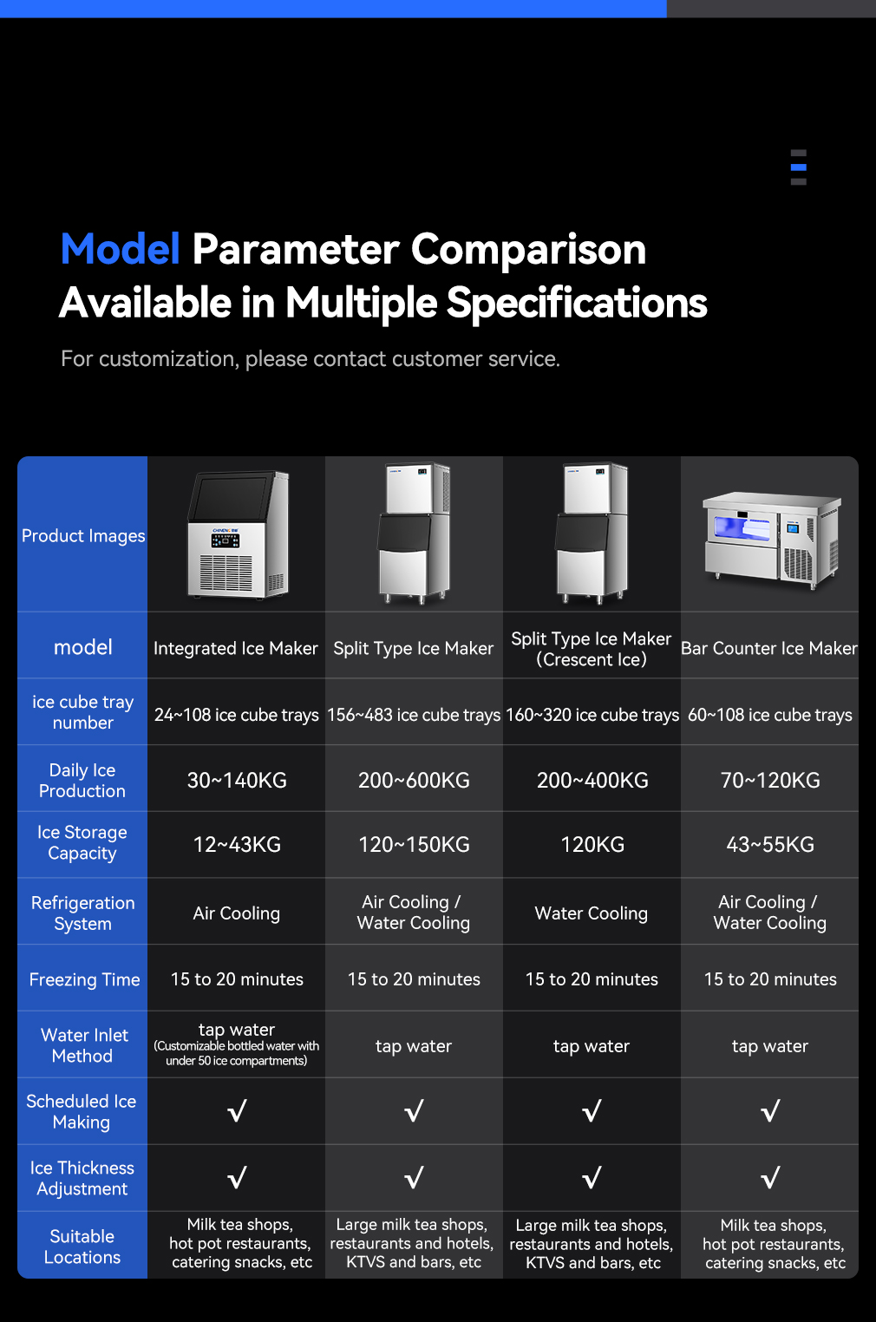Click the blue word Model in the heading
pyautogui.click(x=121, y=249)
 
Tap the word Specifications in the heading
pyautogui.click(x=576, y=304)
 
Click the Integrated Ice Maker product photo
pyautogui.click(x=238, y=534)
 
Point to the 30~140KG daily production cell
pyautogui.click(x=237, y=780)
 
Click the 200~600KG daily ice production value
pyautogui.click(x=414, y=780)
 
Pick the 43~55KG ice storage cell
pyautogui.click(x=770, y=845)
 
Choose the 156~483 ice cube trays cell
pyautogui.click(x=414, y=715)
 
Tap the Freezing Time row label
pyautogui.click(x=84, y=979)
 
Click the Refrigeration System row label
pyautogui.click(x=82, y=913)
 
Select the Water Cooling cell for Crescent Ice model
pyautogui.click(x=591, y=913)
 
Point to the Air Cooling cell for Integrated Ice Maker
pyautogui.click(x=237, y=913)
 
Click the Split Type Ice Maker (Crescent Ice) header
pyautogui.click(x=591, y=649)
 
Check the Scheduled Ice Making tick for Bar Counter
pyautogui.click(x=770, y=1110)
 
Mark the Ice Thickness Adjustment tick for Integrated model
pyautogui.click(x=237, y=1177)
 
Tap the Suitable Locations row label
pyautogui.click(x=82, y=1247)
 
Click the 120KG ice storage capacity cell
pyautogui.click(x=592, y=845)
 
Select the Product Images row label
pyautogui.click(x=83, y=536)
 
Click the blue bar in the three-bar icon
pyautogui.click(x=799, y=167)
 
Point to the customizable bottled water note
pyautogui.click(x=237, y=1053)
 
